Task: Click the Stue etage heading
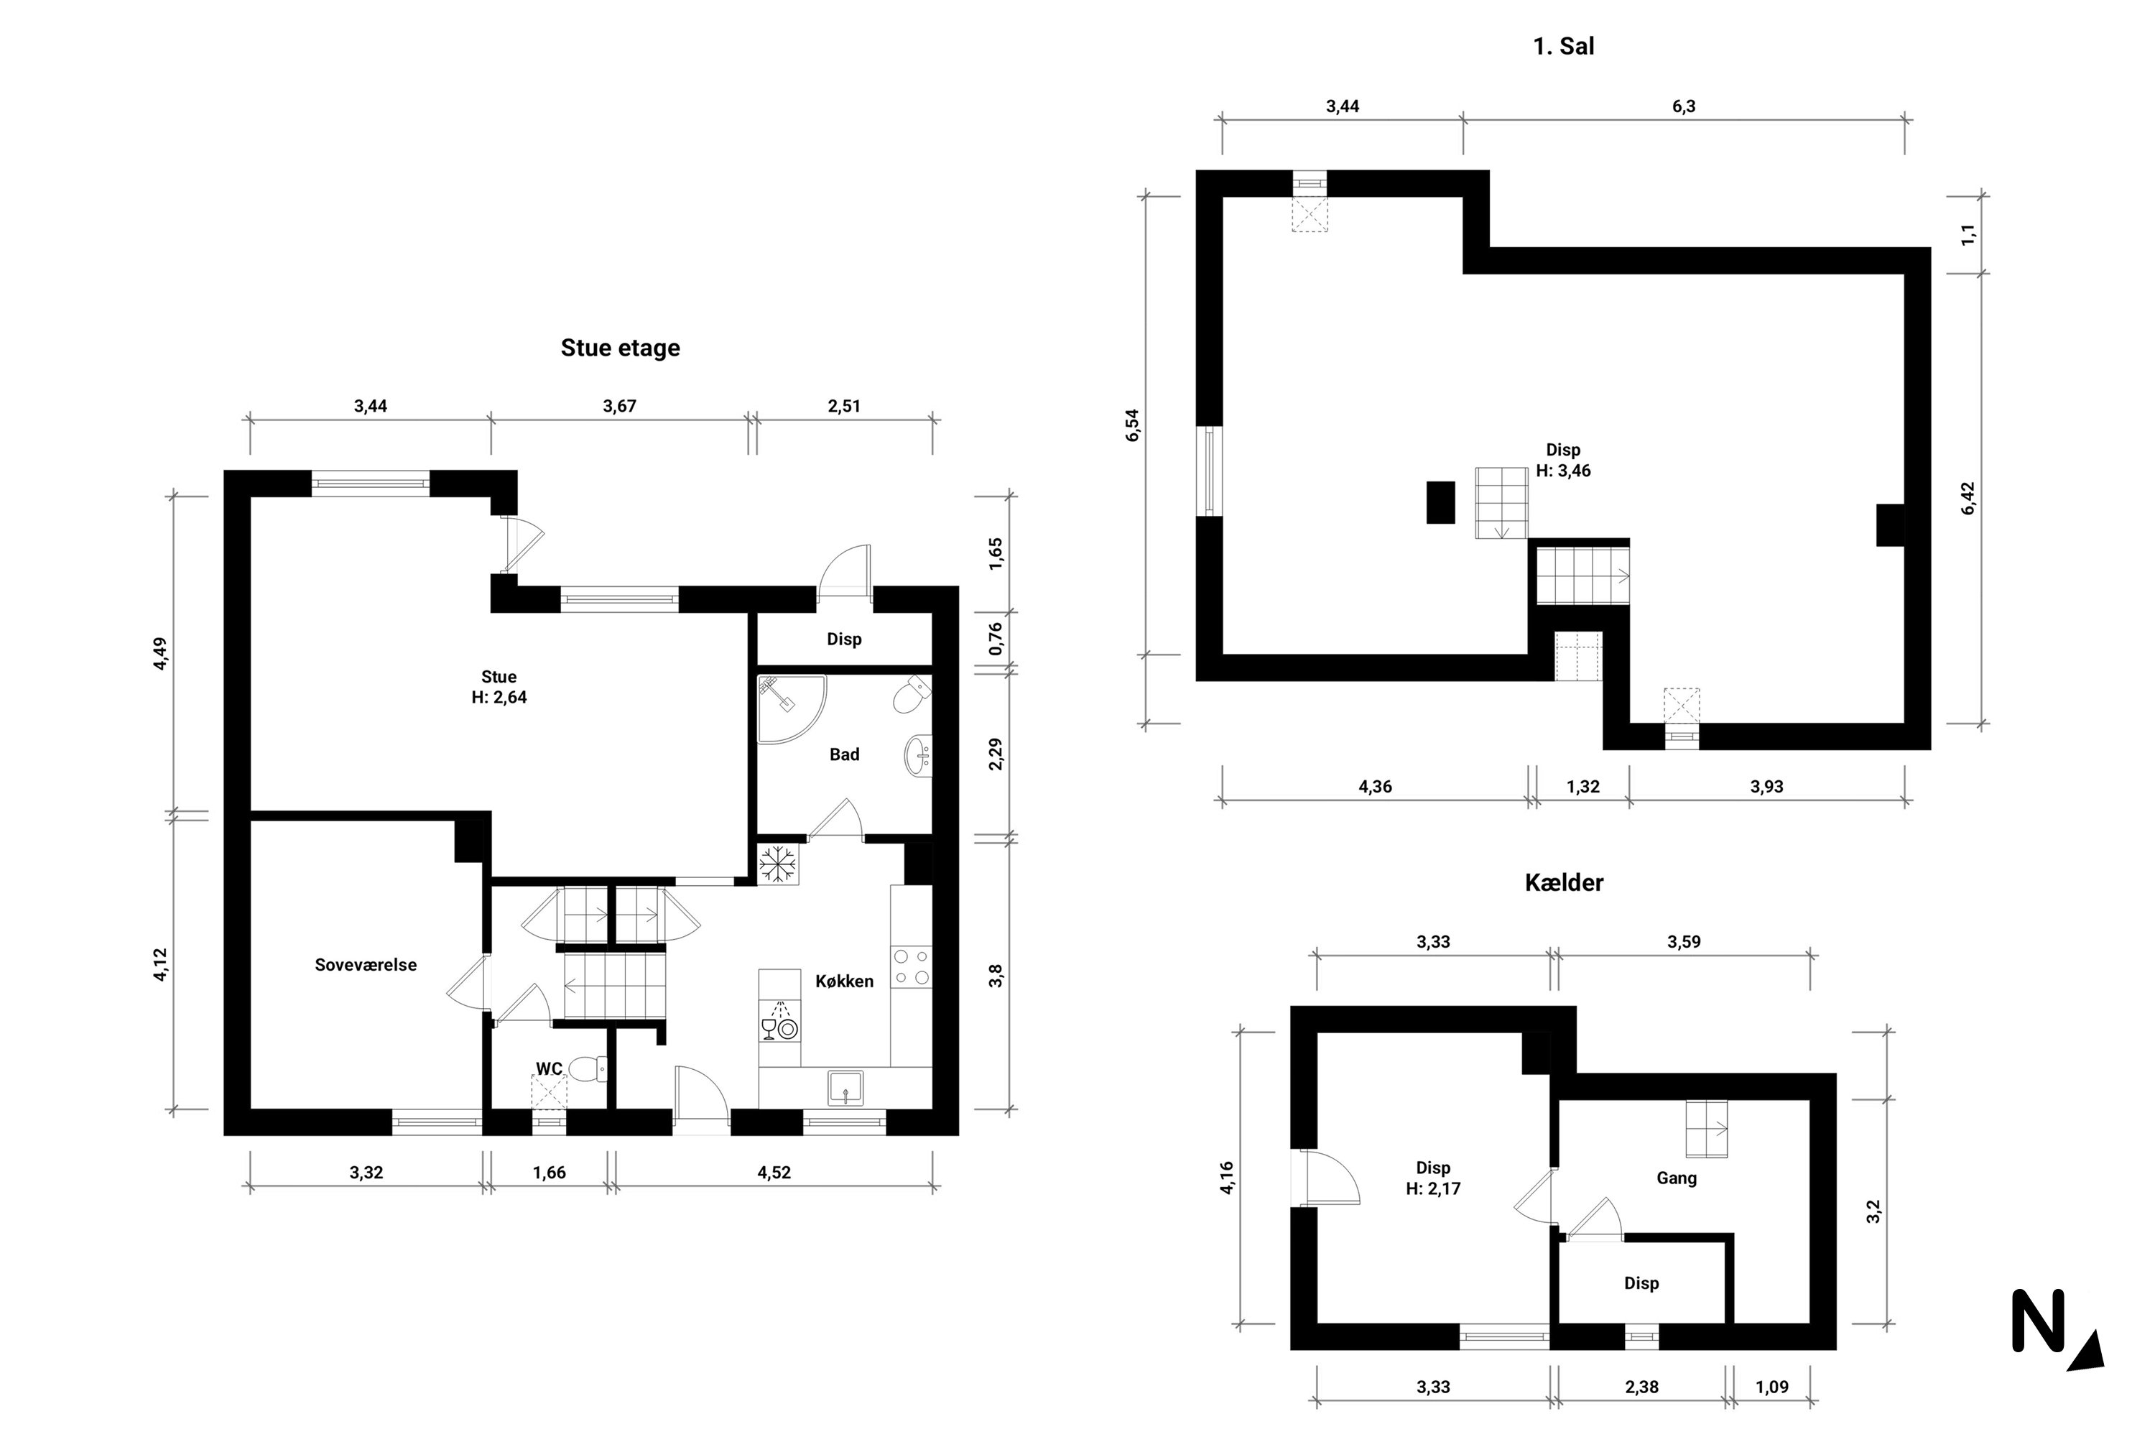pos(621,348)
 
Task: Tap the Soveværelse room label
pos(366,965)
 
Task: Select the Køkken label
pos(844,981)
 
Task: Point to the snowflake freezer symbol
pos(778,864)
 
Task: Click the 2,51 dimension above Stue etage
pos(844,406)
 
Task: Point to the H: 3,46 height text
pos(1563,471)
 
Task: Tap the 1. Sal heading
pos(1563,46)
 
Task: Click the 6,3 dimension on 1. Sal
pos(1683,106)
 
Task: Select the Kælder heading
pos(1563,882)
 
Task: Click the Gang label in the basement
pos(1676,1178)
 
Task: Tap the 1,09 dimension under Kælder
pos(1771,1387)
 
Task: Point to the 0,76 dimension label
pos(996,639)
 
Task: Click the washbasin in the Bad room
pos(917,756)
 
